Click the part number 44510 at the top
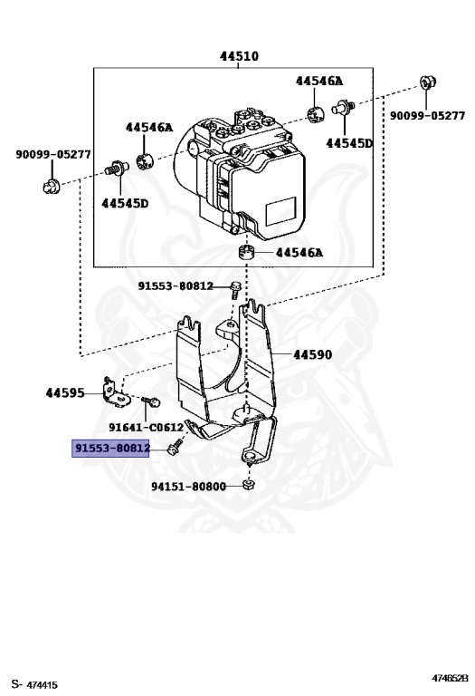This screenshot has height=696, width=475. click(x=239, y=56)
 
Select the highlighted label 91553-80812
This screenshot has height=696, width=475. click(x=111, y=449)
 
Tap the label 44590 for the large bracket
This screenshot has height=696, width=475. click(x=312, y=355)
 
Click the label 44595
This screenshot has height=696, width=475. click(x=65, y=393)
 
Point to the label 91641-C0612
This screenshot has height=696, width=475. click(x=146, y=427)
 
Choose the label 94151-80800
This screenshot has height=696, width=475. click(x=188, y=487)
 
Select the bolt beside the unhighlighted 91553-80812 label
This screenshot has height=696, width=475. click(x=235, y=290)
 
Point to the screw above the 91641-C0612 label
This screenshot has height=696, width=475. click(x=152, y=401)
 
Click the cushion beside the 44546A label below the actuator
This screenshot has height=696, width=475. click(x=243, y=251)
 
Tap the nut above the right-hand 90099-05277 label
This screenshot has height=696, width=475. click(x=429, y=85)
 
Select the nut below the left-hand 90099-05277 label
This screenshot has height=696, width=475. click(x=52, y=187)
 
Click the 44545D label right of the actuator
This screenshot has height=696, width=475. click(x=349, y=143)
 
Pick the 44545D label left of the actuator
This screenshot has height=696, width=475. click(x=125, y=203)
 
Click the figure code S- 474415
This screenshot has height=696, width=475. click(x=34, y=683)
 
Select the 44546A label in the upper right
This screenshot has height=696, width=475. click(x=319, y=81)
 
